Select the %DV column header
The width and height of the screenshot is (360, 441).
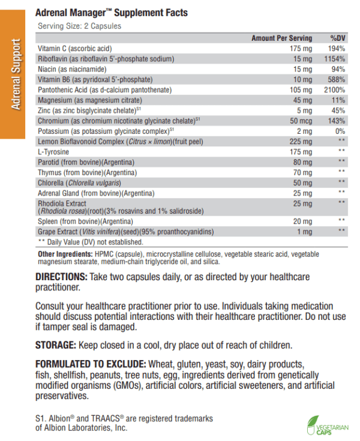pyautogui.click(x=335, y=38)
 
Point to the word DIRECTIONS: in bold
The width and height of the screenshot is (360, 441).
pyautogui.click(x=61, y=277)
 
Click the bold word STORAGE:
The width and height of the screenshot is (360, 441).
pyautogui.click(x=54, y=346)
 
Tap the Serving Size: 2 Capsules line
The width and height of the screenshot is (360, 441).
pyautogui.click(x=79, y=26)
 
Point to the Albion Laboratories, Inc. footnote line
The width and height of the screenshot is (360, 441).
pyautogui.click(x=82, y=428)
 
